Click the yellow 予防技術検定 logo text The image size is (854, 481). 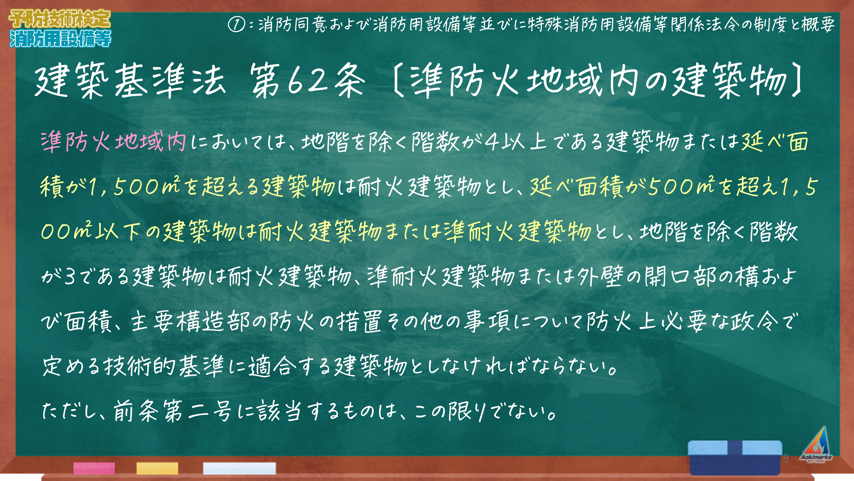60,19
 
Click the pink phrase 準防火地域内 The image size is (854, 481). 113,142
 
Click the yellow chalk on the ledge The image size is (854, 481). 157,468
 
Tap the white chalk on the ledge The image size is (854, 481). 239,468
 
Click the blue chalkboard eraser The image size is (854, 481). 735,457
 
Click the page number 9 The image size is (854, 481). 785,458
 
